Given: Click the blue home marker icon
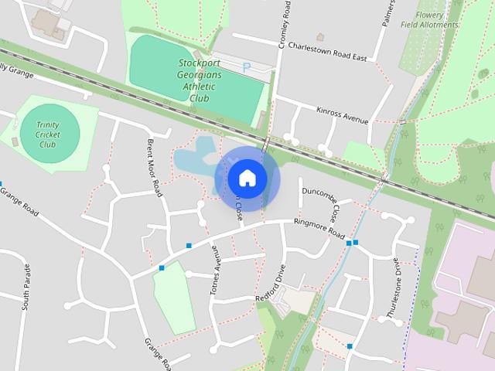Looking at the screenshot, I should (247, 179).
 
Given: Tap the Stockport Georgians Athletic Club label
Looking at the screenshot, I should (200, 80).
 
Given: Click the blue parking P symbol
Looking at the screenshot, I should (247, 67).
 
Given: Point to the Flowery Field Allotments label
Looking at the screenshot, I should (431, 20).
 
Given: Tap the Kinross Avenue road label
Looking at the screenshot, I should (343, 114).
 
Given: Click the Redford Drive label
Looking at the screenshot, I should (271, 287).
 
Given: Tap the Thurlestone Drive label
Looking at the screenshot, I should (394, 288).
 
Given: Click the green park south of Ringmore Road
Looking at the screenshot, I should (172, 298).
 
